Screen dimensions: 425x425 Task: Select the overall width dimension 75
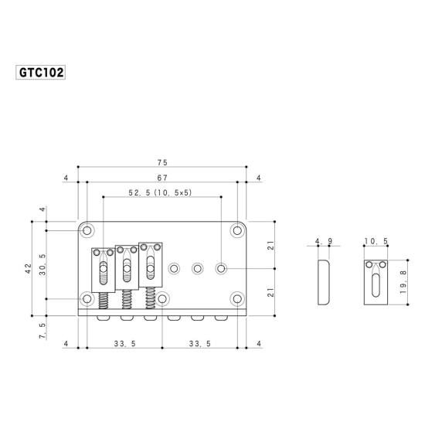(161, 163)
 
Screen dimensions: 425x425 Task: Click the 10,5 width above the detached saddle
(376, 242)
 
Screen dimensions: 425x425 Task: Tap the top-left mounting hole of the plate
(87, 230)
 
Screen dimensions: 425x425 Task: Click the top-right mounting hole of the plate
(236, 230)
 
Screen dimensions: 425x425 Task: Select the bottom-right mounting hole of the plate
(236, 298)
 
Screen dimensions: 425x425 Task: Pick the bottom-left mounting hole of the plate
(87, 298)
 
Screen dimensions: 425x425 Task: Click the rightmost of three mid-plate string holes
(222, 268)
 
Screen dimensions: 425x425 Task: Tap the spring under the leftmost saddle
(103, 302)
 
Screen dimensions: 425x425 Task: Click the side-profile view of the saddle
(323, 281)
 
